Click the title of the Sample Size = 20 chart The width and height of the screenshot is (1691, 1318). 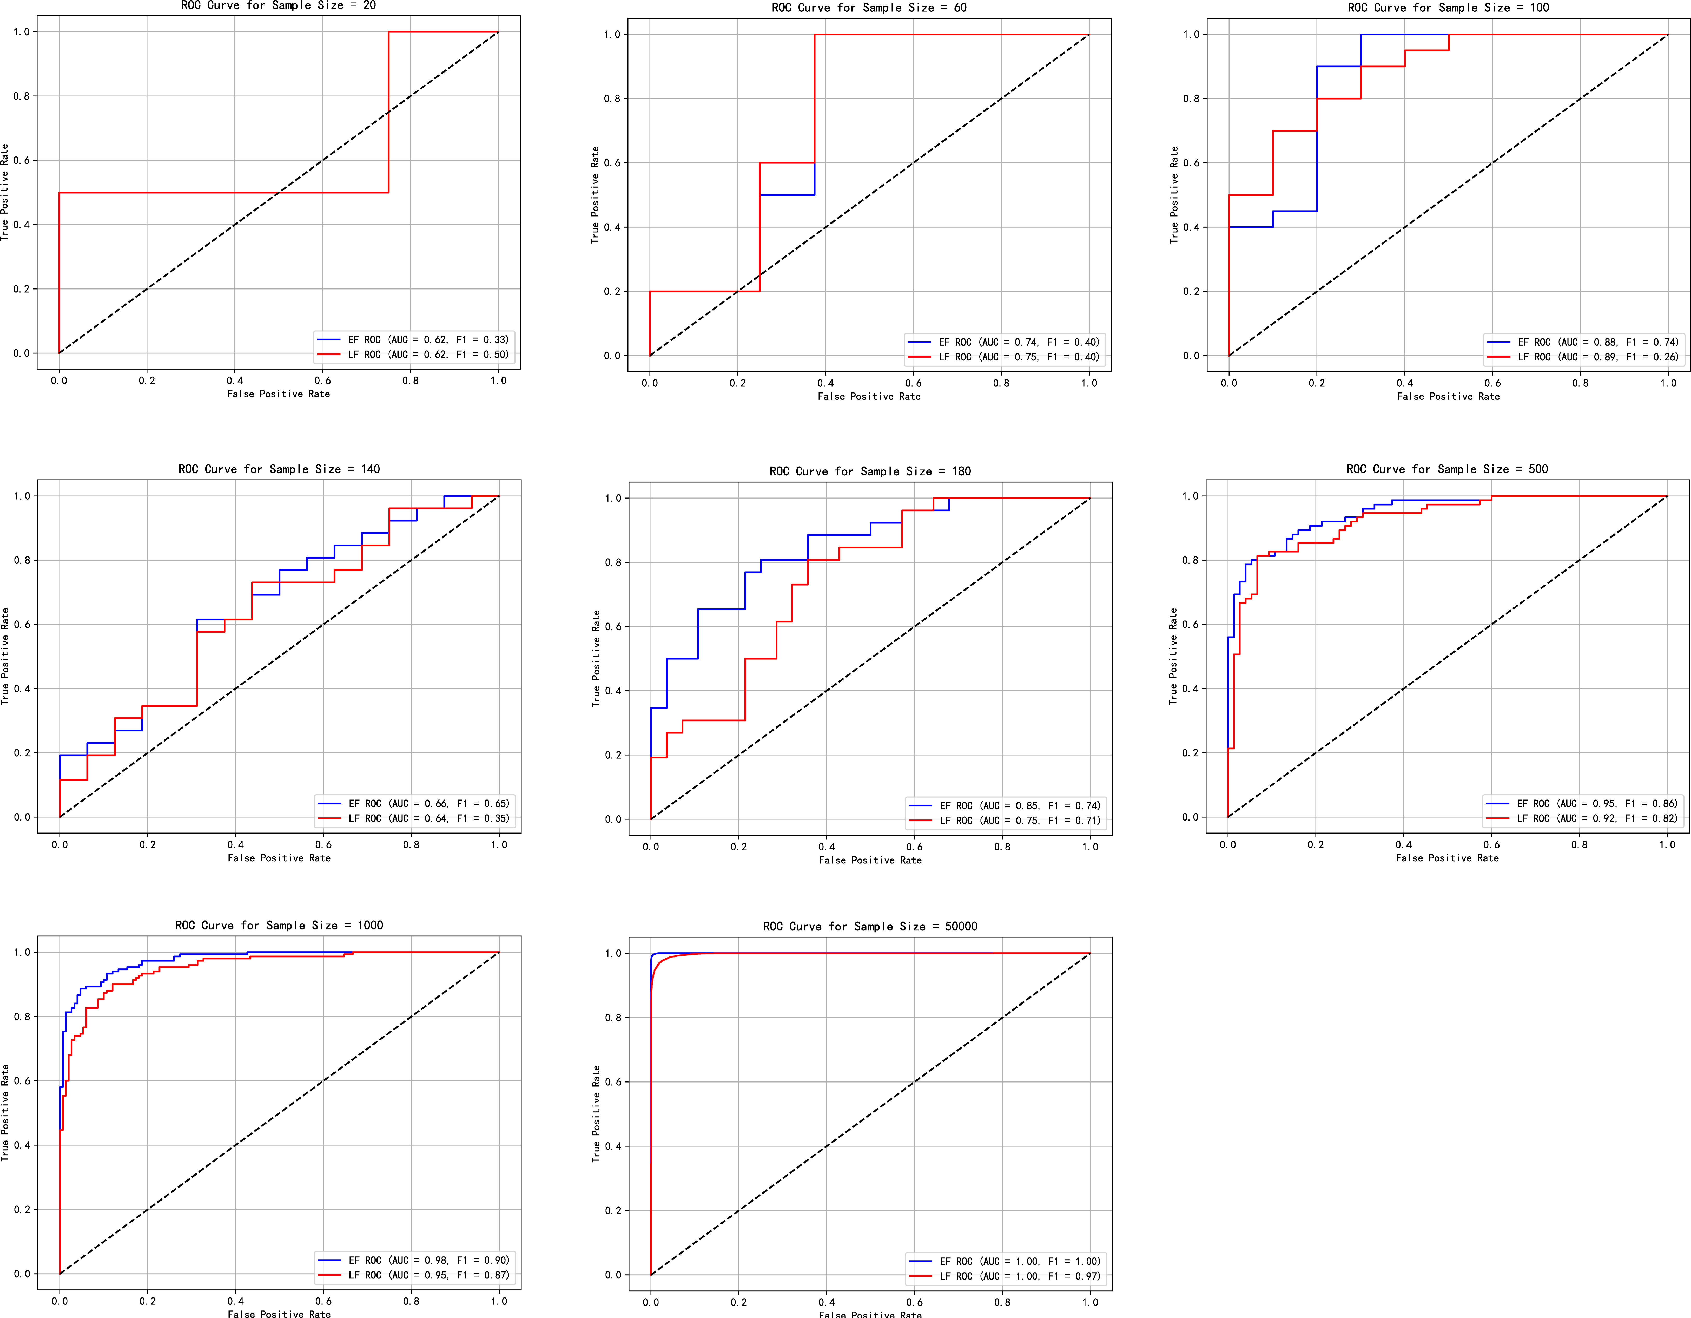(279, 5)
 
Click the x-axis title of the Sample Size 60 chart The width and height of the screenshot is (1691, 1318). (869, 396)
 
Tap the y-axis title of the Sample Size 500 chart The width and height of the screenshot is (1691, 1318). (1173, 656)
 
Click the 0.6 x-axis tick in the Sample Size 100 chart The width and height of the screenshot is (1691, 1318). (1492, 383)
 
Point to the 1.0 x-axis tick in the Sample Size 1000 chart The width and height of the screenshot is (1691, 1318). (499, 1301)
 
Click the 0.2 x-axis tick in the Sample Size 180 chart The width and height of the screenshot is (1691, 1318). (739, 847)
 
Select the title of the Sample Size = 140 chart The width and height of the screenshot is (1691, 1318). (279, 469)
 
